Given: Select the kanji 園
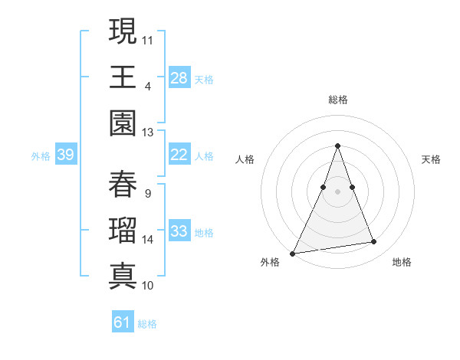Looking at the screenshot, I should coord(123,124).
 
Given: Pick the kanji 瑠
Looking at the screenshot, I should coord(123,231).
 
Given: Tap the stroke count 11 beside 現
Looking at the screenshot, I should coord(148,39).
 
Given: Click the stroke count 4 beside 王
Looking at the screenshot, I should coord(147,86).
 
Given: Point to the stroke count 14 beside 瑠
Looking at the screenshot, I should coord(148,240).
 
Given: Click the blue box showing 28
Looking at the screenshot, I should coord(179,77).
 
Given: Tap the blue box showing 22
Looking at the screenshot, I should coord(179,155).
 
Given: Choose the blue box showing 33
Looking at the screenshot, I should coord(179,231).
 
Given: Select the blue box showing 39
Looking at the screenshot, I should coord(65,155).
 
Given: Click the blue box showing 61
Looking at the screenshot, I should coord(123,322).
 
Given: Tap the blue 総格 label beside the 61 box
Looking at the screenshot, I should coord(147,324).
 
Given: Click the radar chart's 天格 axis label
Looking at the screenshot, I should coord(431,159).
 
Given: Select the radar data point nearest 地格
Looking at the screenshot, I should coord(374,242).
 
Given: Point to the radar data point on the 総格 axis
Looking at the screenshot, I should coord(337,146).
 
